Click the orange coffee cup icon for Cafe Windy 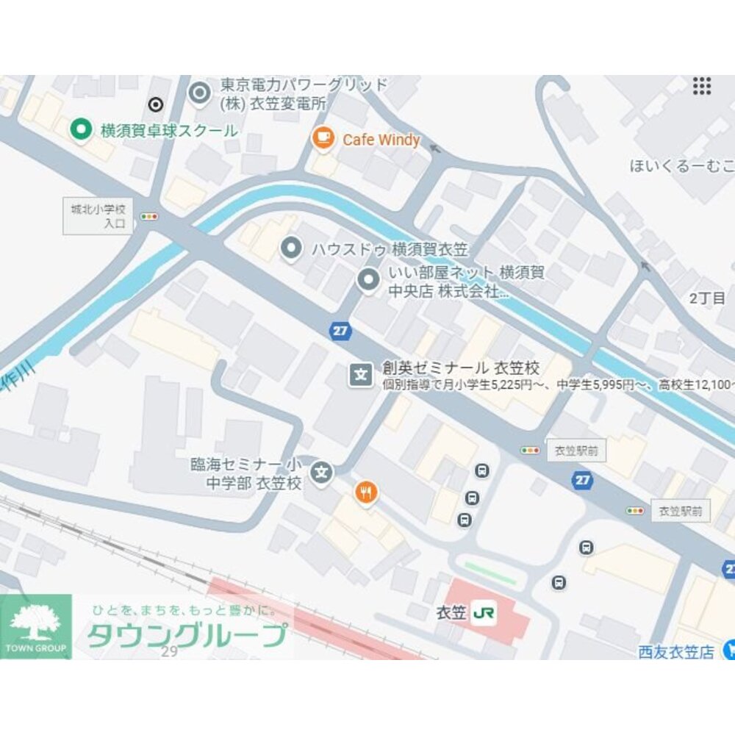coord(322,137)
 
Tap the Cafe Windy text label coord(381,140)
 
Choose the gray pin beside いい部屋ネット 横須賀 coord(366,279)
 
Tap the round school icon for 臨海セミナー coord(320,472)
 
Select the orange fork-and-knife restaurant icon coord(365,492)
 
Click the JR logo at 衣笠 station coord(484,612)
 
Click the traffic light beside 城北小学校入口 coord(150,217)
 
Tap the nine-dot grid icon coord(702,86)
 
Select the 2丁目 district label coord(707,298)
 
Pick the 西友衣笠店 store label coord(675,651)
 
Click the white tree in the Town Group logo coord(35,622)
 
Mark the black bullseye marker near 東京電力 coord(155,104)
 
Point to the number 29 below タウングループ coord(170,651)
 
